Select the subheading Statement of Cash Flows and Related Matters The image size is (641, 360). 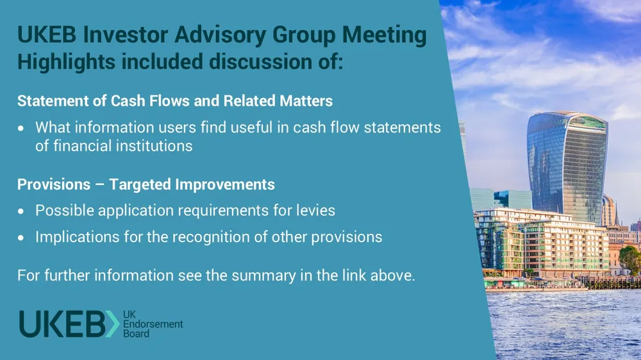(x=174, y=101)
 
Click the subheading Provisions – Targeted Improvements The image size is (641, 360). (x=146, y=184)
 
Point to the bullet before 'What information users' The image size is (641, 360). (x=22, y=128)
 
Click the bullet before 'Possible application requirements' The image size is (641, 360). (x=22, y=211)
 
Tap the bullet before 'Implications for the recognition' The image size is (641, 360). (x=22, y=238)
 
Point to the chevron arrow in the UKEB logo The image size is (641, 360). (x=112, y=324)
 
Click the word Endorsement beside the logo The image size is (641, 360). (x=153, y=325)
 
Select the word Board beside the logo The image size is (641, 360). (x=136, y=334)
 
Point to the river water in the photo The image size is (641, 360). (x=564, y=323)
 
